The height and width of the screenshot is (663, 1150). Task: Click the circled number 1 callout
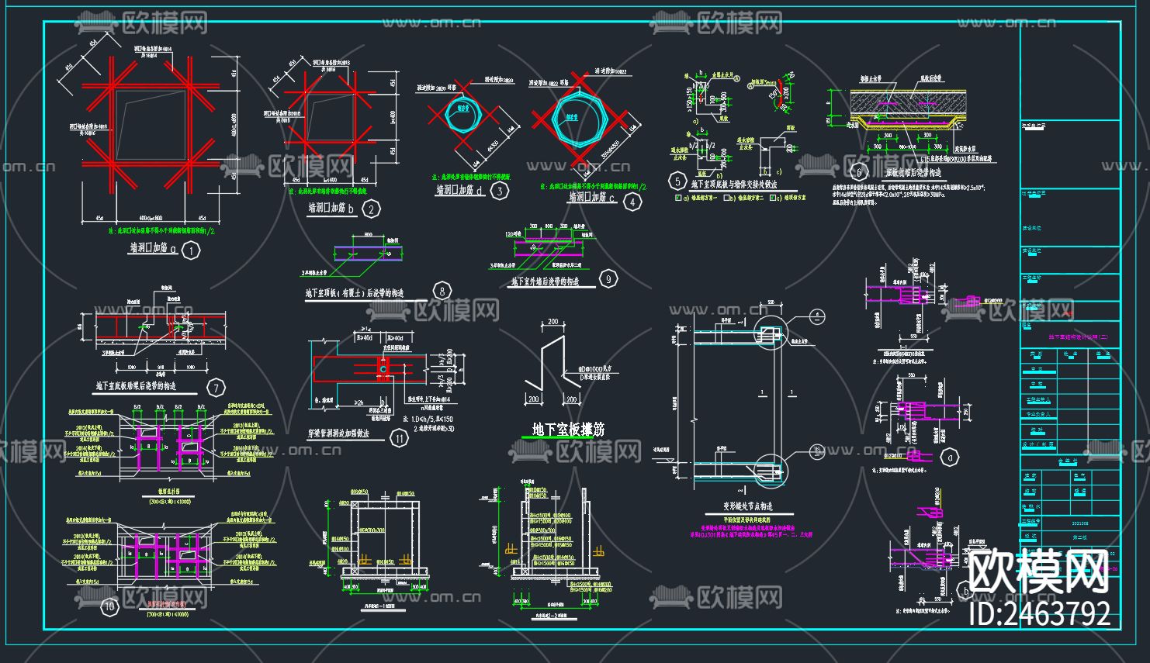(x=190, y=250)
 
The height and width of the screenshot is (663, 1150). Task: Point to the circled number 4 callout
(x=634, y=202)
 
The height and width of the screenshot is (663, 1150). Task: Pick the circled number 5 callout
(x=679, y=183)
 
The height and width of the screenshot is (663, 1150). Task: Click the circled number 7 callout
(x=215, y=388)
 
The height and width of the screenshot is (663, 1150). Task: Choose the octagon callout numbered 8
(x=442, y=292)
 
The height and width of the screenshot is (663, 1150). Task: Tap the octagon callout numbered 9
(x=609, y=279)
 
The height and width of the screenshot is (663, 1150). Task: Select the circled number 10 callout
(x=110, y=606)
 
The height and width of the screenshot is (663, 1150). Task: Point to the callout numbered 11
(x=399, y=439)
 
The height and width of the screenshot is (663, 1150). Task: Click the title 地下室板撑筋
(x=568, y=430)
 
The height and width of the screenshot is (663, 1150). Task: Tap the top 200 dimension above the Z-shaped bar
(x=553, y=321)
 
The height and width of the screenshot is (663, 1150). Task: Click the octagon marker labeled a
(x=949, y=458)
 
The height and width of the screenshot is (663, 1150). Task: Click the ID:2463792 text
(x=1041, y=613)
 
